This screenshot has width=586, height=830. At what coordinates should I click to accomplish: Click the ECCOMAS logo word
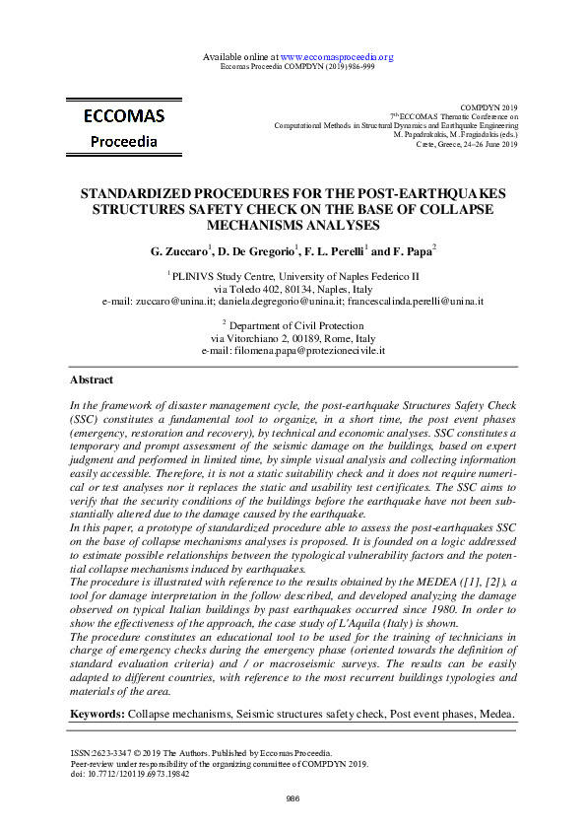[x=124, y=116]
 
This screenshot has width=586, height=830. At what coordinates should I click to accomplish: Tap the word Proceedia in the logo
[x=124, y=141]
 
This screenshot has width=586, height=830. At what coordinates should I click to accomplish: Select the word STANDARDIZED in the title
[x=144, y=193]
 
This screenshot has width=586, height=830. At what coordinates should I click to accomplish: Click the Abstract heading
[x=92, y=380]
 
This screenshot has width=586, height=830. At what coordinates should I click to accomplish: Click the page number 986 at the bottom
[x=293, y=798]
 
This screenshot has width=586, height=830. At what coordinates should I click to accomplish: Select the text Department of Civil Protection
[x=295, y=324]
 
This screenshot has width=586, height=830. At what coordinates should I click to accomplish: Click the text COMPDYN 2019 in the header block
[x=488, y=106]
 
